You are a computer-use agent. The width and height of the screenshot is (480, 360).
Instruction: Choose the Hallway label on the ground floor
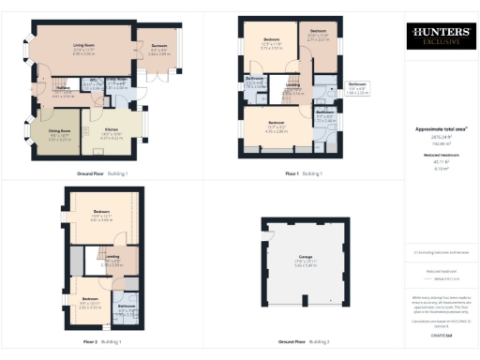tap(64, 93)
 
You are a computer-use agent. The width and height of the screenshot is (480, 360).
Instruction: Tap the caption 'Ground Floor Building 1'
tap(102, 173)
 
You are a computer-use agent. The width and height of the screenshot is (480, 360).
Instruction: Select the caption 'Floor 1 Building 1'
tap(304, 173)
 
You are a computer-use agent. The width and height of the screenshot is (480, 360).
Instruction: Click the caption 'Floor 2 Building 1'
tap(102, 341)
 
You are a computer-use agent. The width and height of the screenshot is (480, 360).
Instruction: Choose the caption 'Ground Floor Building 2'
tap(304, 341)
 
